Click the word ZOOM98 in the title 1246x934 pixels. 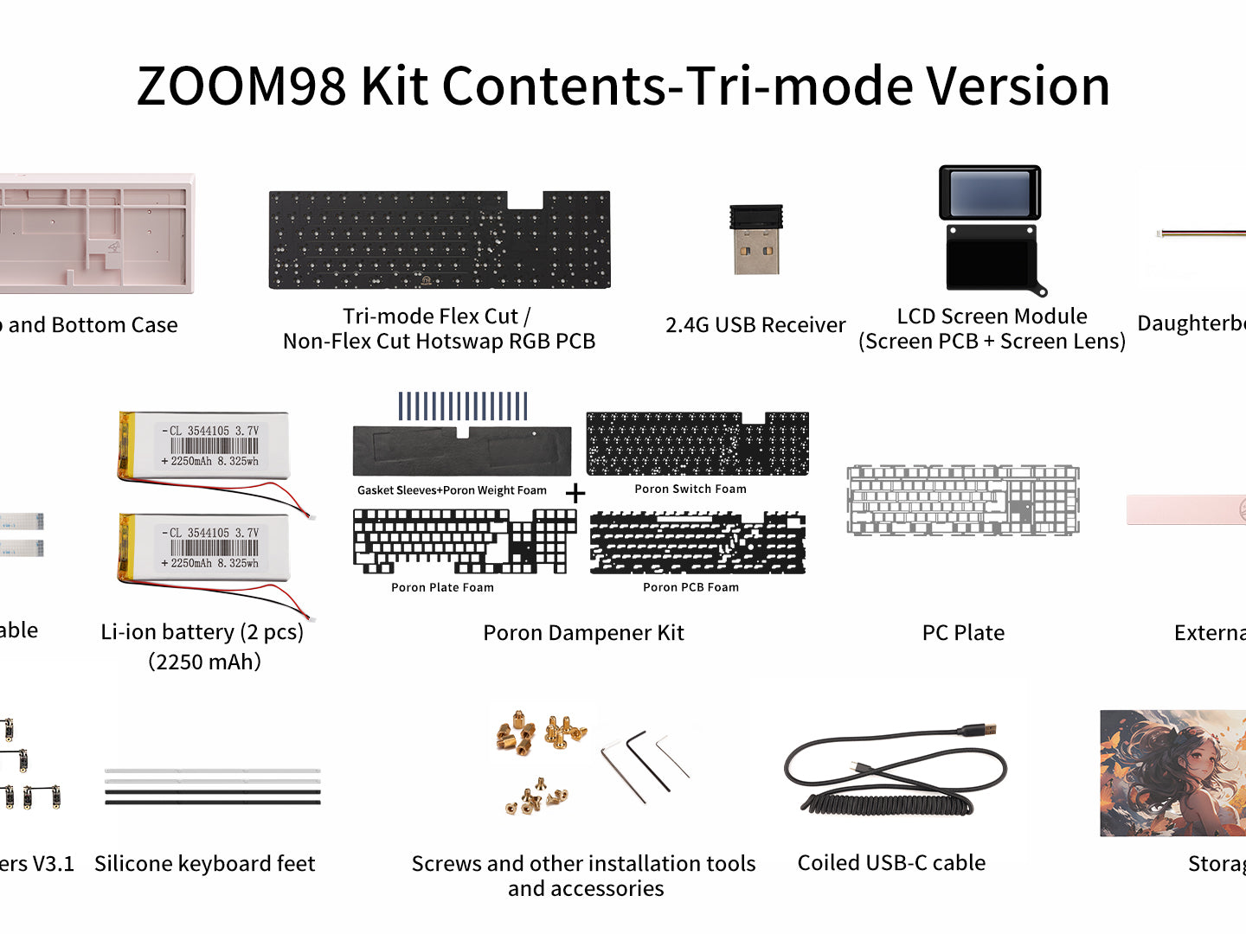click(241, 86)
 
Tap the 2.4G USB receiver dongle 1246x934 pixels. click(756, 240)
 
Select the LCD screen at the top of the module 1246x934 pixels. click(990, 193)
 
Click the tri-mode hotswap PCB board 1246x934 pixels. click(440, 241)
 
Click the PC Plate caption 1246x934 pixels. click(963, 633)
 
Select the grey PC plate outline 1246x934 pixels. click(963, 500)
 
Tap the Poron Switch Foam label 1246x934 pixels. click(690, 489)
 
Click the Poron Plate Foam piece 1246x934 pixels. click(464, 541)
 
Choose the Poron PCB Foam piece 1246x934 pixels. click(697, 543)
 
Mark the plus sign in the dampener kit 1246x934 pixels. click(575, 494)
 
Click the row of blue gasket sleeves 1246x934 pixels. click(463, 406)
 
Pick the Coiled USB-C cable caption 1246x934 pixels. click(891, 863)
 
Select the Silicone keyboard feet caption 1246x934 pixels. click(205, 864)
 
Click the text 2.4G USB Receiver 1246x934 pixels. click(755, 325)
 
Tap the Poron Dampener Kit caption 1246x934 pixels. click(583, 633)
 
